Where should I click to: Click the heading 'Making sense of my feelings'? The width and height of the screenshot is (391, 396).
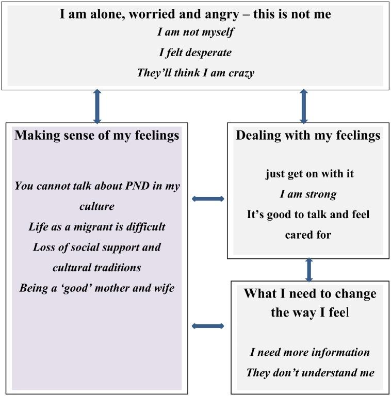point(97,136)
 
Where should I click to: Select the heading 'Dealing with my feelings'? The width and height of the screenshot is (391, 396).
point(308,136)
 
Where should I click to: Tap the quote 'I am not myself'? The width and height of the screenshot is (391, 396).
point(195,32)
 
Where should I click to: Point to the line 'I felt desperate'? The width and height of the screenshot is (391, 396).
point(195,52)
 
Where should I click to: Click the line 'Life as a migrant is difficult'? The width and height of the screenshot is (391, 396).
point(97,227)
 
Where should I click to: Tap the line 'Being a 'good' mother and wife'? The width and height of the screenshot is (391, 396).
point(97,288)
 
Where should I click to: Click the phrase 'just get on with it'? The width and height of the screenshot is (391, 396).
point(309,174)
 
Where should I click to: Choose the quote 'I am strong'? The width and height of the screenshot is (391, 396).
point(308,194)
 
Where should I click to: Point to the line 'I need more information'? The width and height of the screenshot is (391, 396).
point(309,352)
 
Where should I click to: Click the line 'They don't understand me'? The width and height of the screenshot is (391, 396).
point(309,372)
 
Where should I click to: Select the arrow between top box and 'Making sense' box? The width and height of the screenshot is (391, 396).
point(97,107)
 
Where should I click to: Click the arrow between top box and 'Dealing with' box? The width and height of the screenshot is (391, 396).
point(304,107)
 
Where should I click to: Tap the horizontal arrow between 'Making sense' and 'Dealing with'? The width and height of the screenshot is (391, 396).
point(208,199)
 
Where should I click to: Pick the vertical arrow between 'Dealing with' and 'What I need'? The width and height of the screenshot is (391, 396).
point(309,269)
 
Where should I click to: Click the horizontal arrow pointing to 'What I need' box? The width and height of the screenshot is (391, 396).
point(208,326)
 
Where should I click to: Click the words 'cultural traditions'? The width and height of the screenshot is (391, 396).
point(97,268)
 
